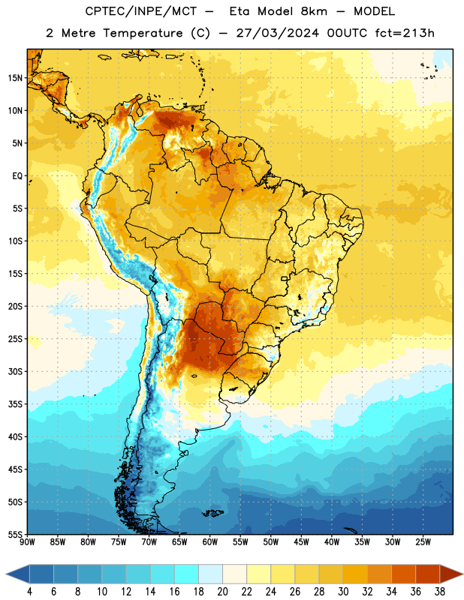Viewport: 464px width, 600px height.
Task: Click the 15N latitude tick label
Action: [15, 78]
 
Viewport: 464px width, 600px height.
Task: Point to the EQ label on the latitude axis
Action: [17, 176]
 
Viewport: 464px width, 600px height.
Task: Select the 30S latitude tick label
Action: [15, 371]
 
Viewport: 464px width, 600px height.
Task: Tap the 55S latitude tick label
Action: [15, 534]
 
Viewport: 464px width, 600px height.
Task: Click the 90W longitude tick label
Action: [27, 542]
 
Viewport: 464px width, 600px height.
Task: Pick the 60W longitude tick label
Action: [210, 542]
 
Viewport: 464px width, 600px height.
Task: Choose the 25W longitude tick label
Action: [423, 542]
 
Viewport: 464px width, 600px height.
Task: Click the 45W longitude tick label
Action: [301, 542]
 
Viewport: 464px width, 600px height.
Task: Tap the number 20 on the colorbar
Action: [222, 592]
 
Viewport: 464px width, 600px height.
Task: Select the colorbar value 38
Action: [439, 592]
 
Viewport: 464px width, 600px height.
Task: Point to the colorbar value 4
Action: [29, 592]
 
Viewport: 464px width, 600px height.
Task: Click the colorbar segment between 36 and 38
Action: [428, 574]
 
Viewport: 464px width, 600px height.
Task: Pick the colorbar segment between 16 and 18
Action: [187, 574]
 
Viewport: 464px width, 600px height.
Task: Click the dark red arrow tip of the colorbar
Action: [462, 574]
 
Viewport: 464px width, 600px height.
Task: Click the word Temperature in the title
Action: [143, 33]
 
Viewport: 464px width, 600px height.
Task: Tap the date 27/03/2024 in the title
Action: [278, 33]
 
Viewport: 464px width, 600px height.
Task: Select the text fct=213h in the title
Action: [405, 33]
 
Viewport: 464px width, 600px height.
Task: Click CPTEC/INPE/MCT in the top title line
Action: [141, 11]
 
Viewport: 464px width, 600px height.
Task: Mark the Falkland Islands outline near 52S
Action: [213, 513]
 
